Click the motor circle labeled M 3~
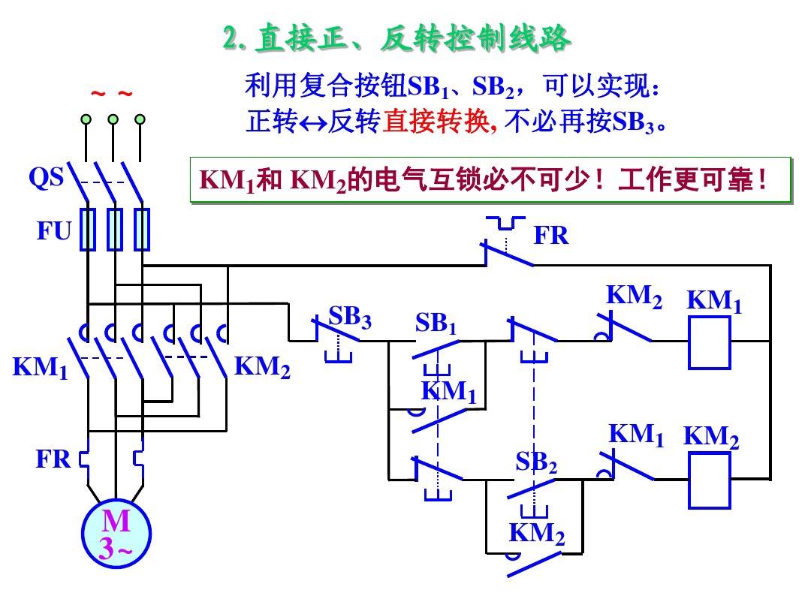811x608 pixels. coord(116,534)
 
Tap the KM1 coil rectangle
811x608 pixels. coord(710,342)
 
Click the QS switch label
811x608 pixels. coord(47,179)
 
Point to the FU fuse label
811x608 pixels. coord(53,231)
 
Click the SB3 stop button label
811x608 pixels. coord(350,317)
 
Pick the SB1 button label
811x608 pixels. coord(436,324)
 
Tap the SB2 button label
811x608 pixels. coord(536,462)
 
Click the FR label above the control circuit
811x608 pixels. coord(551,236)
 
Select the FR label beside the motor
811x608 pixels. coord(53,459)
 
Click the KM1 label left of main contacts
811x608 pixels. coord(40,369)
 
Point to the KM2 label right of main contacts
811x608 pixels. coord(262,367)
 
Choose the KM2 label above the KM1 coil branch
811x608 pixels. coord(635,296)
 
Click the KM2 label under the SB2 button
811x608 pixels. coord(537,534)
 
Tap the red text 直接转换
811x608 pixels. coord(436,122)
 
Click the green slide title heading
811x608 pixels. coord(397,38)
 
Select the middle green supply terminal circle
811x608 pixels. coord(113,119)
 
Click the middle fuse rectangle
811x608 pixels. coord(114,229)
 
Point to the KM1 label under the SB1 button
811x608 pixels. coord(449,392)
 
